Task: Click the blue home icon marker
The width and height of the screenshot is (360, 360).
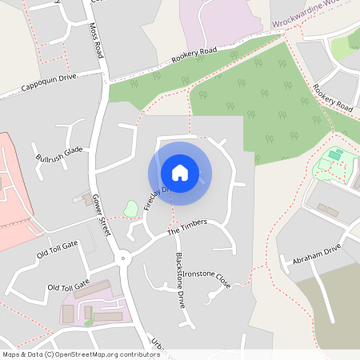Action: [x=180, y=173]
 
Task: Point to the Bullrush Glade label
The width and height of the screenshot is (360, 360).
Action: [x=59, y=154]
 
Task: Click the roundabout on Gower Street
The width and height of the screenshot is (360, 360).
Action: [x=122, y=258]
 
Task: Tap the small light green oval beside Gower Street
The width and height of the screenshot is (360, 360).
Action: [x=131, y=208]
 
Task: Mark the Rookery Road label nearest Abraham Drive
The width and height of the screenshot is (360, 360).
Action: [x=333, y=97]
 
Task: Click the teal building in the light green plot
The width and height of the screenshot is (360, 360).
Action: [x=334, y=154]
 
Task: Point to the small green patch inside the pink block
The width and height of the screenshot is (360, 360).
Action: [x=89, y=322]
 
